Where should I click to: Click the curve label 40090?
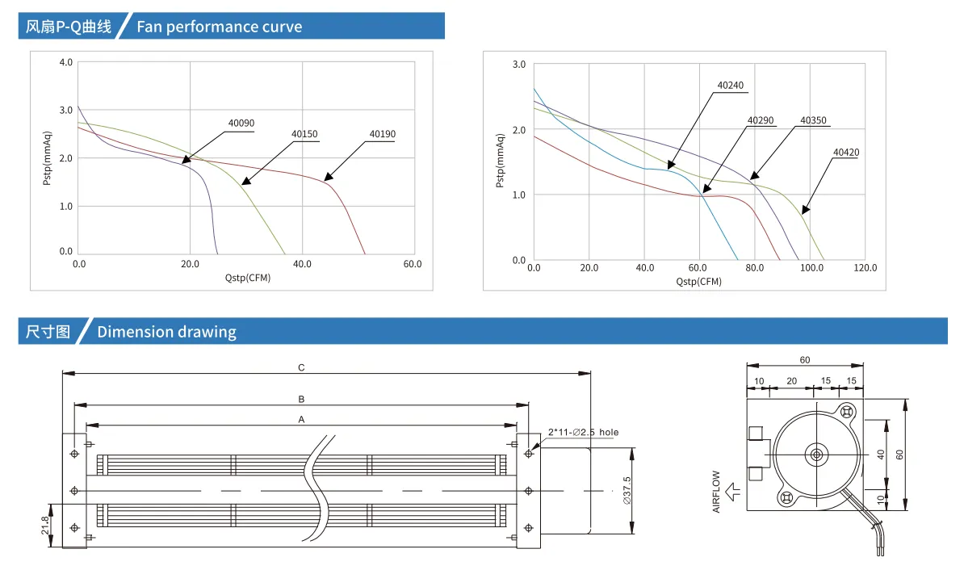(241, 123)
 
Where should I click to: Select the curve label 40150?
(304, 134)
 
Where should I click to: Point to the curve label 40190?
(383, 134)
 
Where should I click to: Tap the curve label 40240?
(731, 86)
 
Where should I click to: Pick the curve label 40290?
(761, 120)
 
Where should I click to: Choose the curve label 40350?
(813, 120)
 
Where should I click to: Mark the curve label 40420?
(846, 153)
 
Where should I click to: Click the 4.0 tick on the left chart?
(65, 62)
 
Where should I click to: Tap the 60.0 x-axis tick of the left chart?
(413, 264)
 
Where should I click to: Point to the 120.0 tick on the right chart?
(865, 268)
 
